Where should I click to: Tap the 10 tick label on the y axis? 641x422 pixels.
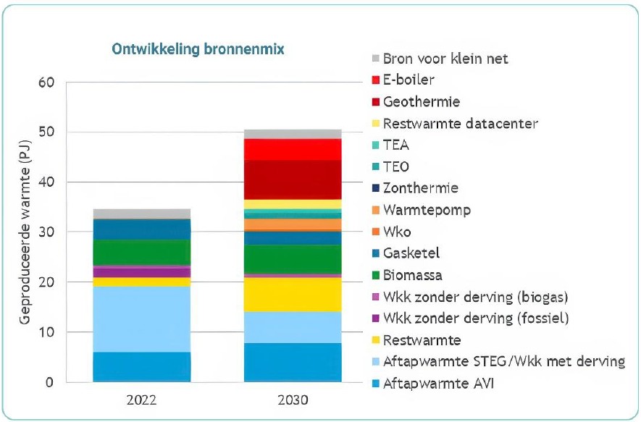[46, 332]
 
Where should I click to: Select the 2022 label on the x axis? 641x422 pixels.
[142, 400]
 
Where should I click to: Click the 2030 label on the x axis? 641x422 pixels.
[293, 400]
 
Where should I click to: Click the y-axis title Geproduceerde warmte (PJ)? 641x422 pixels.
[25, 232]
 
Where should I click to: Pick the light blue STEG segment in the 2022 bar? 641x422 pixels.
[142, 318]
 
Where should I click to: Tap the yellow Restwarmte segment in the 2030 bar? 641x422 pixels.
[293, 295]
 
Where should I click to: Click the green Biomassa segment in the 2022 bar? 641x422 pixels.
[142, 252]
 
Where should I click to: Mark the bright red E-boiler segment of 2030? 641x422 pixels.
[293, 149]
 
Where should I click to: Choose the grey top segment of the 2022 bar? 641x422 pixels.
[142, 214]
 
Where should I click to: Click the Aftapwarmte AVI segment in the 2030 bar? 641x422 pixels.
[293, 362]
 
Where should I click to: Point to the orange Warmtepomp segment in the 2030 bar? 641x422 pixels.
[293, 224]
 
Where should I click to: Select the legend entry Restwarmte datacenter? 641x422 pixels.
[460, 123]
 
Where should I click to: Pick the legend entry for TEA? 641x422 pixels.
[396, 145]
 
